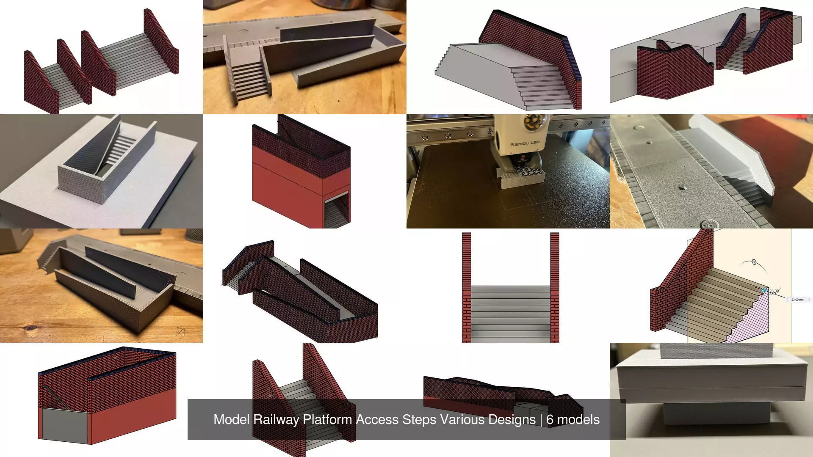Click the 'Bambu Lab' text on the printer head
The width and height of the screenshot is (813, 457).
tap(525, 144)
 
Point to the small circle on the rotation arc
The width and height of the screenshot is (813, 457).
tap(754, 262)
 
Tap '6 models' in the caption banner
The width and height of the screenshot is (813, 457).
tap(572, 419)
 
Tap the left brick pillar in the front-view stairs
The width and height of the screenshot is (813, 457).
tap(467, 288)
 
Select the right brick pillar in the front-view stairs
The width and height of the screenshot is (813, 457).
tap(555, 288)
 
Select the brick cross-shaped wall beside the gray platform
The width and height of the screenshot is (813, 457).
tap(673, 72)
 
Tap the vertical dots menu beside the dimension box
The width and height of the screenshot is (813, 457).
tap(809, 300)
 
